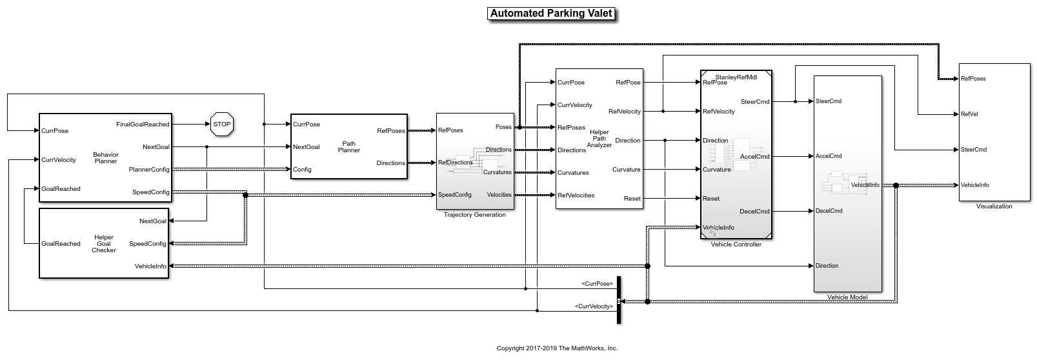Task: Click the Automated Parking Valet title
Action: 550,13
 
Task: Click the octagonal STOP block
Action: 221,124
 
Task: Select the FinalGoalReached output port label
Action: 143,125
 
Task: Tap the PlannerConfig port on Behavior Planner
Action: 149,170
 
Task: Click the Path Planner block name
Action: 348,147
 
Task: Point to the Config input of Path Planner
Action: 302,170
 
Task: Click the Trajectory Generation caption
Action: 474,215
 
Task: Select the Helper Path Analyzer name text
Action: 599,139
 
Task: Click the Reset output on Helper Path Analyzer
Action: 632,199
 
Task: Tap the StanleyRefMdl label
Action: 736,76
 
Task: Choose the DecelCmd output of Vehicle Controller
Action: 754,212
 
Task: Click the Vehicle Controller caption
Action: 736,245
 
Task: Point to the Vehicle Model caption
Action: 847,297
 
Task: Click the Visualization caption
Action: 994,206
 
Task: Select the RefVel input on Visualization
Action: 969,114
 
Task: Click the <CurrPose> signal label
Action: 597,284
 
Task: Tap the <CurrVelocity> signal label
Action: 594,306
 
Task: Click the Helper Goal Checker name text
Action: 104,243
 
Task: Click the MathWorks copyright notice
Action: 557,348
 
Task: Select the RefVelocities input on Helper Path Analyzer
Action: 576,195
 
